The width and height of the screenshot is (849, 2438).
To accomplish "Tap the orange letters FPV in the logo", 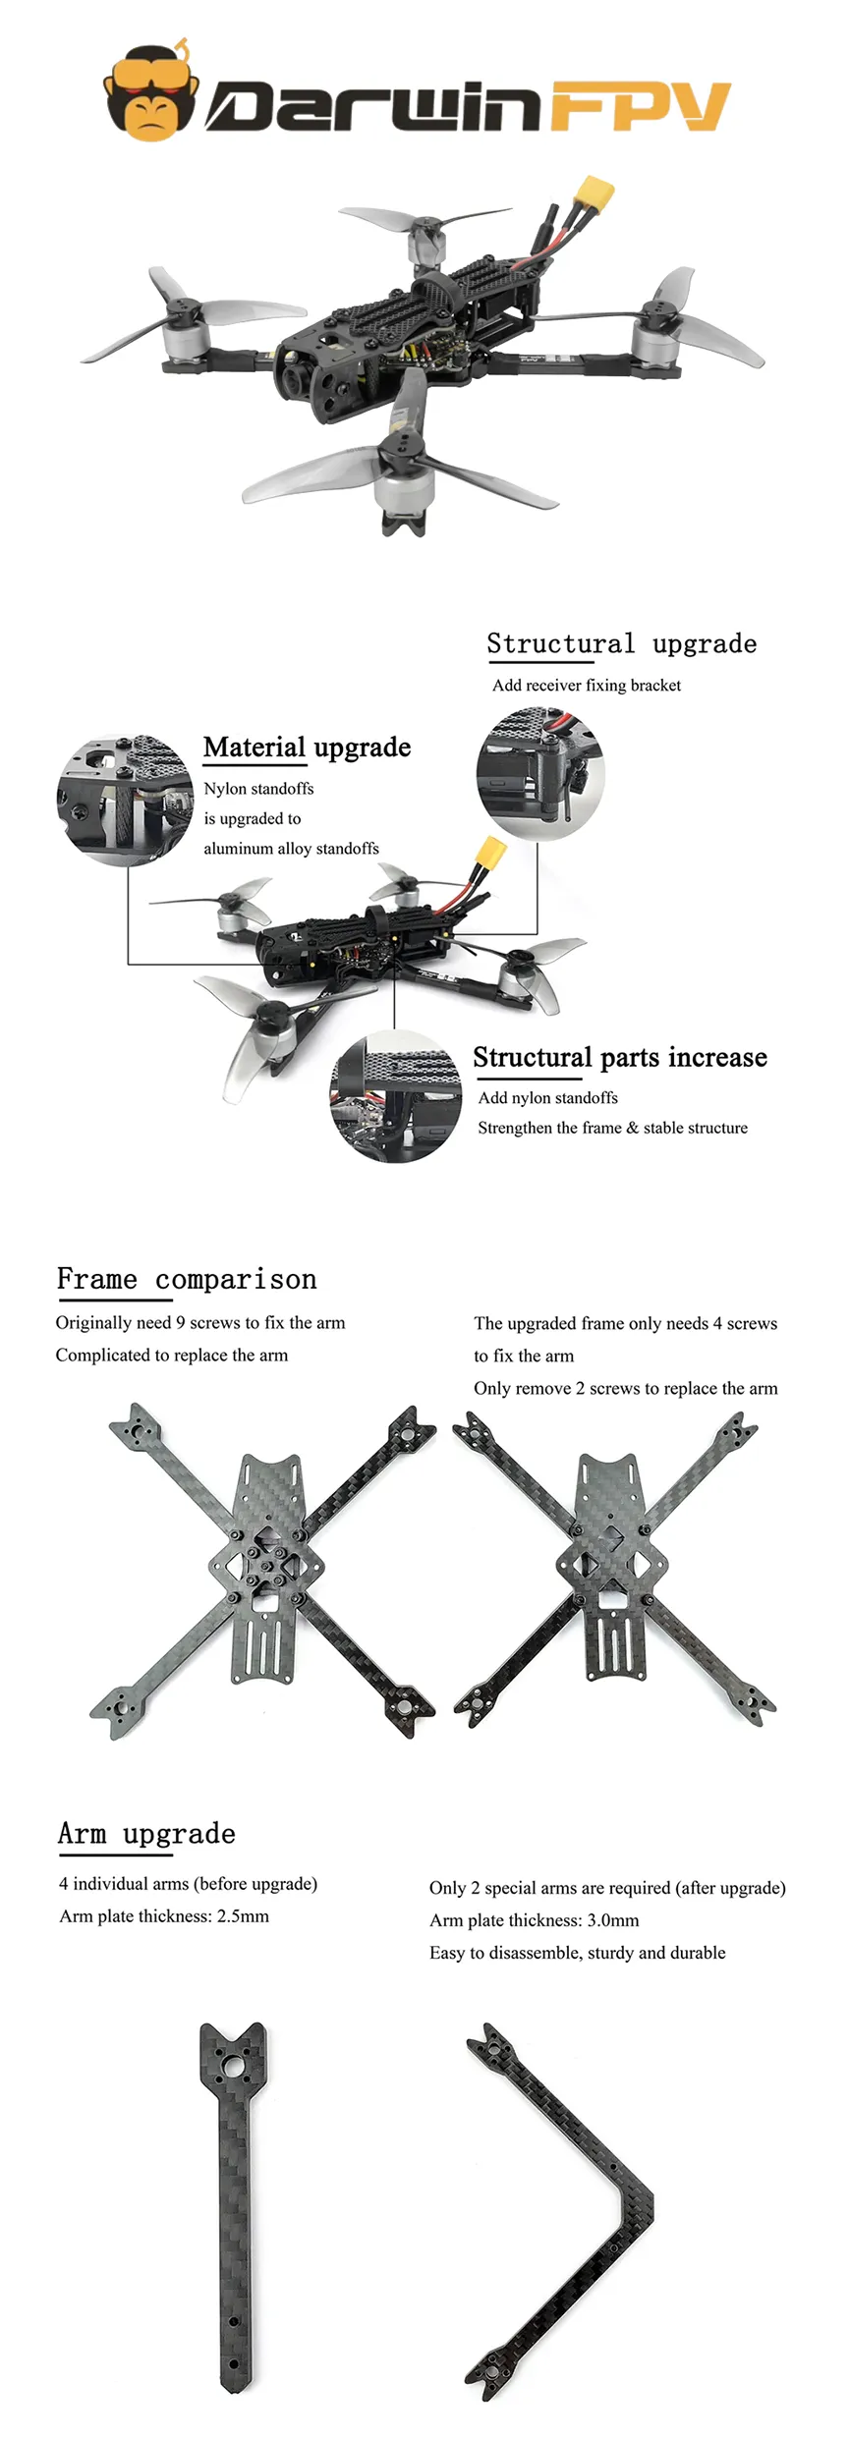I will click(640, 105).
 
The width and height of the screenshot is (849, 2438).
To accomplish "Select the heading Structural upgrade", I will click(621, 644).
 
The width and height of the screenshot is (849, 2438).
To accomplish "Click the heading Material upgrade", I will click(307, 748).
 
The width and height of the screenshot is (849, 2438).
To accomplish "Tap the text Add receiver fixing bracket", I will click(586, 686).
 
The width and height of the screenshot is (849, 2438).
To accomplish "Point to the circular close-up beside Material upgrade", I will click(125, 800).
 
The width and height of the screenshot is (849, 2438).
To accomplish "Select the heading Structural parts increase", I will click(619, 1058).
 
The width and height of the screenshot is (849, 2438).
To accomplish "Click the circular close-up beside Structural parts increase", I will click(396, 1097).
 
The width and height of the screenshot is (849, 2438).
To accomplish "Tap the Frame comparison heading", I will click(187, 1279).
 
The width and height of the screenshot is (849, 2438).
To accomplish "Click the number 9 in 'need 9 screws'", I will click(180, 1323).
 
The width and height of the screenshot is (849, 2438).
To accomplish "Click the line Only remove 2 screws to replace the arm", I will click(625, 1389).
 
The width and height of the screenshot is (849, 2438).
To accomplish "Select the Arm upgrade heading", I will click(146, 1834).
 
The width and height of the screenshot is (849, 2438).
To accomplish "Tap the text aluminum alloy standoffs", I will click(291, 849).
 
